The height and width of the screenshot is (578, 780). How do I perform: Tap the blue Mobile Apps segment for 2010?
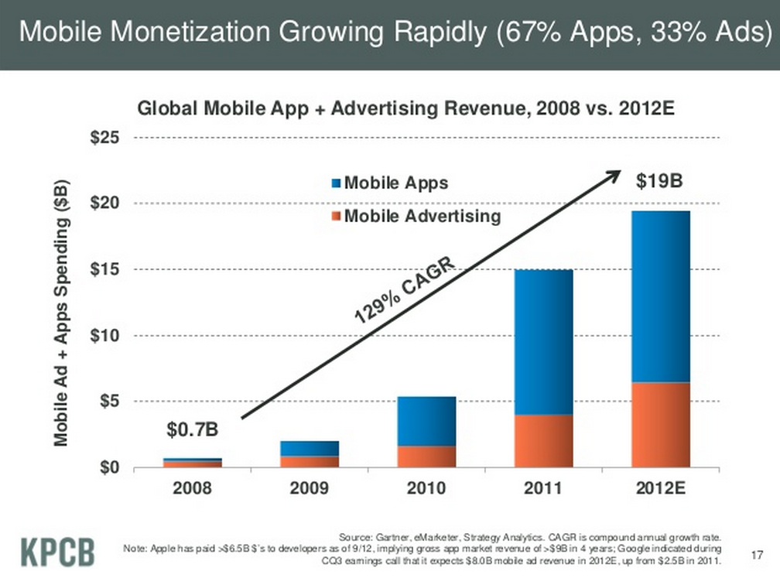pyautogui.click(x=426, y=421)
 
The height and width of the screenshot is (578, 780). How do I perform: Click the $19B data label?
pyautogui.click(x=659, y=182)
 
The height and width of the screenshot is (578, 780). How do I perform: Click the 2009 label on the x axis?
pyautogui.click(x=308, y=488)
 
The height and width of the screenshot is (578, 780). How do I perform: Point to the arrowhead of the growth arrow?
pyautogui.click(x=616, y=173)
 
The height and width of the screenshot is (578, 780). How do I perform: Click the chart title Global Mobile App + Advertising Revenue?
pyautogui.click(x=406, y=108)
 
